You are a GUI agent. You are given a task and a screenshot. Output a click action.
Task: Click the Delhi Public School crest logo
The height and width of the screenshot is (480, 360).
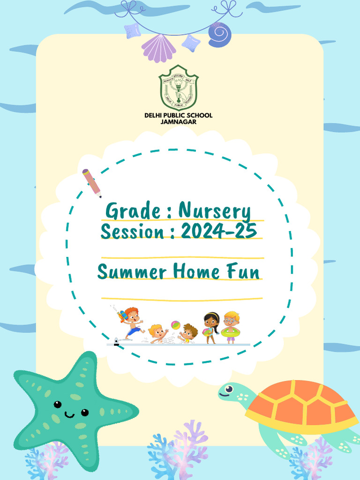[178, 88]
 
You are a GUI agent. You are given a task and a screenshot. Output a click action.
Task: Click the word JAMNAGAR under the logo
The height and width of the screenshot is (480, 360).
[178, 122]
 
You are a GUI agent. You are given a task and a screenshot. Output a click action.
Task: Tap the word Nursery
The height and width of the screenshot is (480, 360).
[215, 212]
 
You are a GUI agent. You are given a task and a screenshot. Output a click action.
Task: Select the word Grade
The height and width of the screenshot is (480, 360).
[126, 211]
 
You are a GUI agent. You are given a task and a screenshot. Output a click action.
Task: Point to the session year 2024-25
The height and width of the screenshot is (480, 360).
[218, 231]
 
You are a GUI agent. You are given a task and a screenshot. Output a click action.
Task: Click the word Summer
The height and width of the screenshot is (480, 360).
[132, 272]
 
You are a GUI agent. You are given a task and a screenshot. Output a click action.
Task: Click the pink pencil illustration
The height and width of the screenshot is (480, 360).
[91, 182]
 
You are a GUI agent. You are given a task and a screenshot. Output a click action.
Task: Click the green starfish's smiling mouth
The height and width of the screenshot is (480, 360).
[69, 415]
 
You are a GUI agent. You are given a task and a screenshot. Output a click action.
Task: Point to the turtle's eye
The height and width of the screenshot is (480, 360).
[229, 389]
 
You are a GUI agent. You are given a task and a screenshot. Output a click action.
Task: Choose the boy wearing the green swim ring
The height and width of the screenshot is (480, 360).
[231, 327]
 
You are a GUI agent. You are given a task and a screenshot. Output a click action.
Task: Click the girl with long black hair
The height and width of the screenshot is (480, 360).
[211, 326]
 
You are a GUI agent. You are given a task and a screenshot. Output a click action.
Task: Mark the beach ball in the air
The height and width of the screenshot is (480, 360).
[175, 324]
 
